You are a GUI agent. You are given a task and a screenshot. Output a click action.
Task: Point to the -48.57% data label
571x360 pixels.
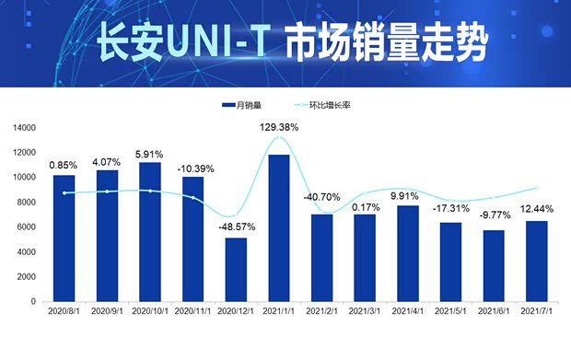click(x=236, y=226)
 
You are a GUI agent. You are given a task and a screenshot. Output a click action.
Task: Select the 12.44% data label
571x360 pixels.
click(x=537, y=209)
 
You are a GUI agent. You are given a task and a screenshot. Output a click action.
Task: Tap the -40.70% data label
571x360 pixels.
click(x=321, y=197)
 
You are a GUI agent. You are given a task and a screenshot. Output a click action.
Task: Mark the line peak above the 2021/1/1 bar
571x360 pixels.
click(x=279, y=137)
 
